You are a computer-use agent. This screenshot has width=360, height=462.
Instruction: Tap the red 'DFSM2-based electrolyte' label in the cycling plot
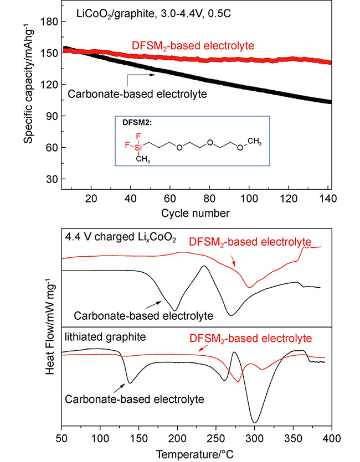click(193, 45)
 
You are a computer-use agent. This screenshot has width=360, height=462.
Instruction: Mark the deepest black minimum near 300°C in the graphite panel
click(254, 422)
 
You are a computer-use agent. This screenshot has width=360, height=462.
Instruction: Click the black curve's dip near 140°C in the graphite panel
click(130, 382)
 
